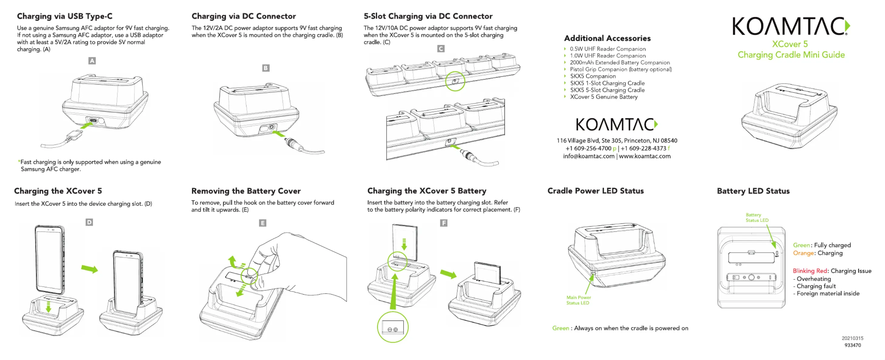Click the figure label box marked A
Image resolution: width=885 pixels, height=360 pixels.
coord(92,61)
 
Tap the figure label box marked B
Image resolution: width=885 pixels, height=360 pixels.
coord(266,68)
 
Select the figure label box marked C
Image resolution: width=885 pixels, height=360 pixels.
coord(441,49)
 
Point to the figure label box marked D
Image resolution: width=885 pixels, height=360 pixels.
coord(89,222)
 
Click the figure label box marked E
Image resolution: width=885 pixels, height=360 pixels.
coord(263,223)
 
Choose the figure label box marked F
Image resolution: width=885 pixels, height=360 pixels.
coord(444,223)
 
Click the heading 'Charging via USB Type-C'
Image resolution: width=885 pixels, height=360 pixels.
coord(65,16)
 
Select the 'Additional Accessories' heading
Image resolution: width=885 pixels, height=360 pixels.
coord(607,38)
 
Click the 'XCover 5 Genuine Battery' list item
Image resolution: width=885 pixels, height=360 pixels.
coord(604,97)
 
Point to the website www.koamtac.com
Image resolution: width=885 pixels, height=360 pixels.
coord(645,156)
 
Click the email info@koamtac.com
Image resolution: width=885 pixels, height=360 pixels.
coord(588,156)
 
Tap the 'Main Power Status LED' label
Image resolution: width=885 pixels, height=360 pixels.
coord(578,300)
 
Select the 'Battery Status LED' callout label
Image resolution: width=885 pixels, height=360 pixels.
coord(757,218)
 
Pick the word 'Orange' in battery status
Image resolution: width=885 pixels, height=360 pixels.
coord(803,253)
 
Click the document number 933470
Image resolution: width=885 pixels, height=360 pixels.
coord(853,345)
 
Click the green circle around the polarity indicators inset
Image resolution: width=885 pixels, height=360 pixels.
coord(393,327)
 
